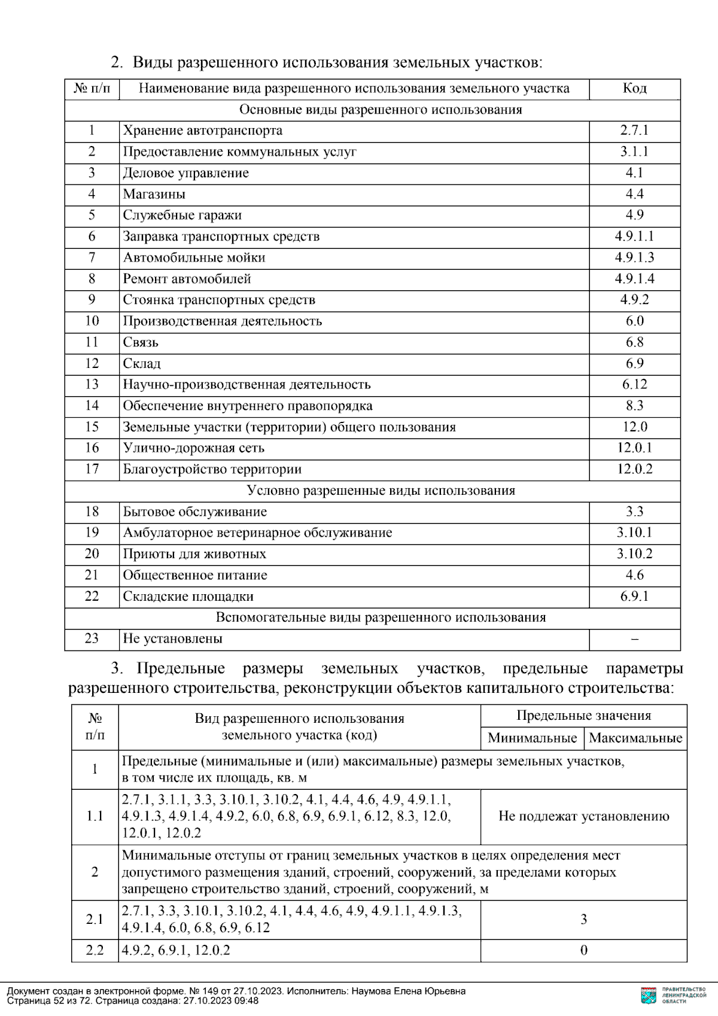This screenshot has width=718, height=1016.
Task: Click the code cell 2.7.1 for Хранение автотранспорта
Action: (634, 130)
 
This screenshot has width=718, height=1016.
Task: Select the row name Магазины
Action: (154, 194)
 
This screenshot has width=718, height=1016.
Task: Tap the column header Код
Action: (634, 89)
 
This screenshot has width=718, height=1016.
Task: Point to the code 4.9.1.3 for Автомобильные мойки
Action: (634, 257)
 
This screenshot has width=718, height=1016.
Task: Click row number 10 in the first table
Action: (92, 321)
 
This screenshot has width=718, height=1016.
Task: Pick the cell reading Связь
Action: (141, 342)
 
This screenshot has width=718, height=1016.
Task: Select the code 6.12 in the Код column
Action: (634, 384)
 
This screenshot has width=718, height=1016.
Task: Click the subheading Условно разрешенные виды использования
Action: (381, 491)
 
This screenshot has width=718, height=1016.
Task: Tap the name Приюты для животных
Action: (194, 554)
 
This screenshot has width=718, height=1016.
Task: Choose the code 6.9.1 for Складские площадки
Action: (634, 597)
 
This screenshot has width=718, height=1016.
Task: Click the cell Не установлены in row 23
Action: (172, 638)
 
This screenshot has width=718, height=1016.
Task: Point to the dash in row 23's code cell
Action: (634, 639)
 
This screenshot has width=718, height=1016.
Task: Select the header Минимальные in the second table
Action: (532, 738)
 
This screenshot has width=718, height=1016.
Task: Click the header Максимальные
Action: (635, 738)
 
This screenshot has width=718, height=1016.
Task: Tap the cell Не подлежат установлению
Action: (583, 816)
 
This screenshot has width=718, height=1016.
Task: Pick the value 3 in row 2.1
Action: (583, 919)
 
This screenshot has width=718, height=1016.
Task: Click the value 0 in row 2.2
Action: (583, 950)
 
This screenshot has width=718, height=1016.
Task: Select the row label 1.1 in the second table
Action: (95, 816)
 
